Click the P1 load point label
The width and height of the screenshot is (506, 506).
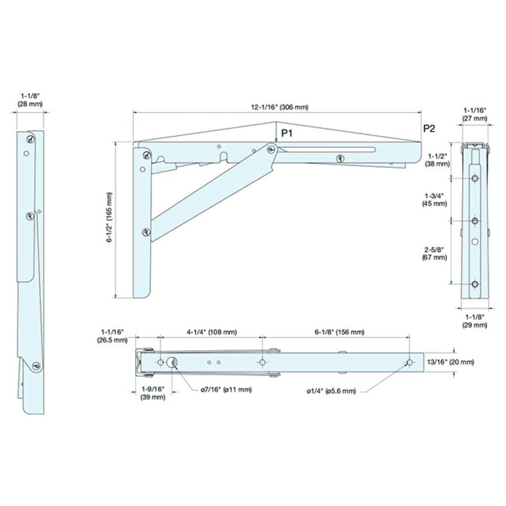click(x=287, y=134)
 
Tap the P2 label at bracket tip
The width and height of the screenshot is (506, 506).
click(x=429, y=129)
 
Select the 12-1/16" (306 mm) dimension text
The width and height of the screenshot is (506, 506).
click(x=279, y=107)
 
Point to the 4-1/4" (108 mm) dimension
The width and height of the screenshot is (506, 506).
click(x=212, y=332)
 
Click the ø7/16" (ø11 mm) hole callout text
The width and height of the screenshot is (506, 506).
click(x=225, y=390)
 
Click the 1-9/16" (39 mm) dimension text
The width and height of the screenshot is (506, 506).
click(x=152, y=393)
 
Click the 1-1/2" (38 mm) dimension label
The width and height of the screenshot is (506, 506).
click(x=437, y=160)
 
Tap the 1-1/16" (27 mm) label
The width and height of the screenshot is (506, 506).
click(x=475, y=114)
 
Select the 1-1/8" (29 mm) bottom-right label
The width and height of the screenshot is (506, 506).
click(x=475, y=321)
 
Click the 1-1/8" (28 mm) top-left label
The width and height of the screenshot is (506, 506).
click(x=31, y=99)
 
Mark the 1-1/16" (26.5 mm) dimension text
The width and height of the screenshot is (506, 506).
click(x=112, y=336)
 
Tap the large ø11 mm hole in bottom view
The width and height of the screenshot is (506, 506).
click(x=173, y=362)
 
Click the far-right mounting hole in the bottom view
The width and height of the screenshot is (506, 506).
click(x=409, y=362)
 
